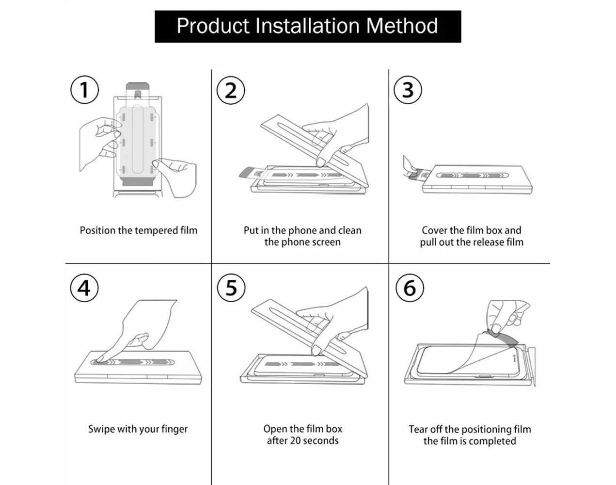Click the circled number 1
[x=84, y=90]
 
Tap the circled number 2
[x=231, y=90]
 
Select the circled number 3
[x=408, y=90]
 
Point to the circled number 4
[x=84, y=288]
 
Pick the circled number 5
[x=231, y=288]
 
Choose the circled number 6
[x=410, y=288]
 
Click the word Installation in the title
[x=307, y=26]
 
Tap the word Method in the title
[x=402, y=26]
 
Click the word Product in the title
[x=213, y=26]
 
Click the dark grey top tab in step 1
[x=138, y=86]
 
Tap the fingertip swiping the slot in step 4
[x=100, y=359]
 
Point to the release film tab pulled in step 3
[x=418, y=174]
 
